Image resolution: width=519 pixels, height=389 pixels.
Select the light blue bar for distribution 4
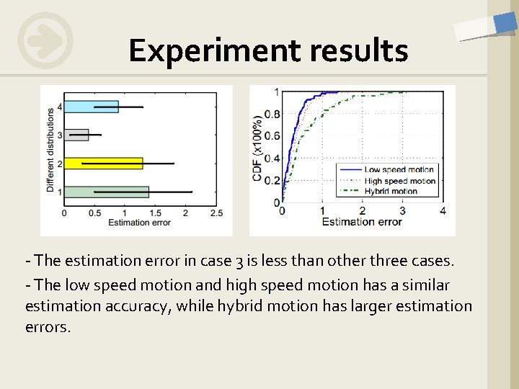click(x=92, y=107)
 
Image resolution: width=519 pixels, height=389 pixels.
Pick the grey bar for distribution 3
click(x=76, y=135)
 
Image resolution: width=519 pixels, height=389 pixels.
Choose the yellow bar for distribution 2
click(x=104, y=164)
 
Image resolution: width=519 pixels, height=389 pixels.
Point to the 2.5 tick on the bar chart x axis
click(x=215, y=213)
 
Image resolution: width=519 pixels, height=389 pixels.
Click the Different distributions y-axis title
click(x=50, y=149)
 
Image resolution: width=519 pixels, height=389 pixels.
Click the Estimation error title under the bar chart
click(x=138, y=223)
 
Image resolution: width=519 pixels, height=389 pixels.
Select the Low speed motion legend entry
click(x=399, y=171)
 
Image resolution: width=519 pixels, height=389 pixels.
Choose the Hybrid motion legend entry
click(x=391, y=191)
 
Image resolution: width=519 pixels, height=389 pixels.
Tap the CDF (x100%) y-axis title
click(x=257, y=147)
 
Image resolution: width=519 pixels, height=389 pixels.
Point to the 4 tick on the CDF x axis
click(x=442, y=210)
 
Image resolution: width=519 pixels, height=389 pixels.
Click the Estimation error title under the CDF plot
click(x=362, y=222)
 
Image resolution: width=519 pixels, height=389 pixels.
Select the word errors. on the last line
click(x=48, y=327)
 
